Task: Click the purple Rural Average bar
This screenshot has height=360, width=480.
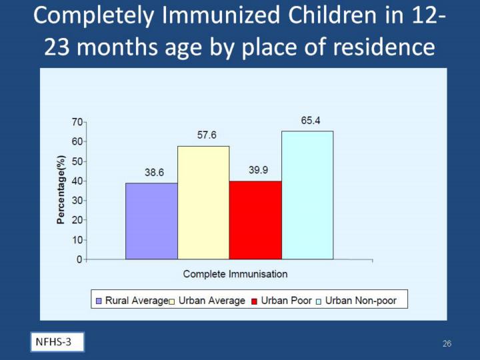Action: tap(151, 221)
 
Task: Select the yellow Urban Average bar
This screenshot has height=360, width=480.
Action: tap(203, 202)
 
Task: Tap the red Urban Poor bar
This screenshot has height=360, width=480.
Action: tap(255, 219)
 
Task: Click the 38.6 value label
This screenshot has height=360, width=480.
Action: tap(155, 172)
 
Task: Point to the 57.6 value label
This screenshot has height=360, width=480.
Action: tap(207, 135)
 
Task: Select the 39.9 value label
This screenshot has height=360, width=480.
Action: tap(259, 170)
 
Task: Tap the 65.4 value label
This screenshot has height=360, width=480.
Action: tap(311, 121)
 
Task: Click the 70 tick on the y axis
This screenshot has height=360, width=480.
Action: tap(77, 123)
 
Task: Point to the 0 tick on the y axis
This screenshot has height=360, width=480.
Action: tap(80, 259)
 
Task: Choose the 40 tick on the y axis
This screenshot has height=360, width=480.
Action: tap(77, 181)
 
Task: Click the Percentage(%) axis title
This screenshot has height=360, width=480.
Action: tap(61, 191)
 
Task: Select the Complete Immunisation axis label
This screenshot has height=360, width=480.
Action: tap(235, 274)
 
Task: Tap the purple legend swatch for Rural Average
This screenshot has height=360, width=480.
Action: tap(99, 301)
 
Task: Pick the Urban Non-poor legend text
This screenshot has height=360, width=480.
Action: tap(365, 301)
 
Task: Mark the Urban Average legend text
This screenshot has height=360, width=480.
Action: tap(212, 301)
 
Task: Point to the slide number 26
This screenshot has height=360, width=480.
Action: tap(447, 344)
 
